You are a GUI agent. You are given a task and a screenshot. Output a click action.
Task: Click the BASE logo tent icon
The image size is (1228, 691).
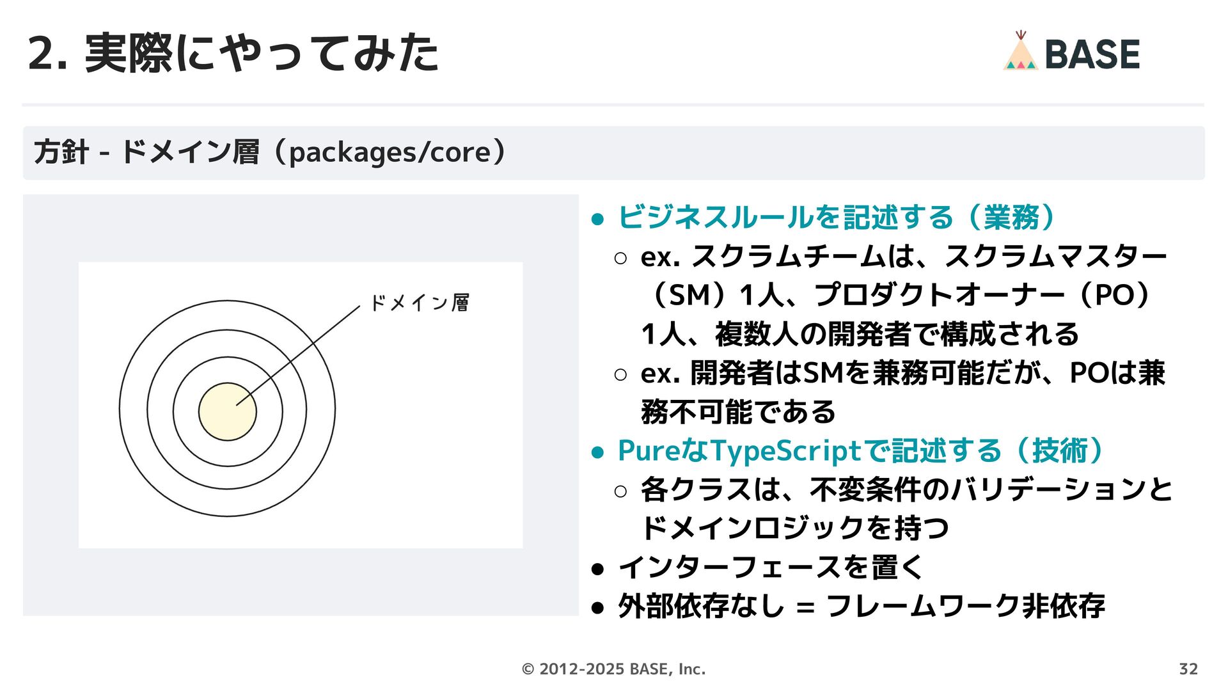click(1020, 52)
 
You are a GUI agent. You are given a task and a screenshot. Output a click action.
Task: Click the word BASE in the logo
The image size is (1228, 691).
click(1092, 54)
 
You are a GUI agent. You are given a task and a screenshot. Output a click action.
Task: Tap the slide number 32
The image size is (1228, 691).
click(1188, 669)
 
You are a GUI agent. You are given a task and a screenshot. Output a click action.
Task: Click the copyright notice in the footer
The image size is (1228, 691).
click(613, 669)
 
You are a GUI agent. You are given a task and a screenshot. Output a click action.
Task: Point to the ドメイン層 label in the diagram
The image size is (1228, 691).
click(420, 303)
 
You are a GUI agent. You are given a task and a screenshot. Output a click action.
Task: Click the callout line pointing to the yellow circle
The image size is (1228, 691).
click(298, 356)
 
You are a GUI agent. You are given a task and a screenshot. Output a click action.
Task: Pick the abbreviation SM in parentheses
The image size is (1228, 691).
click(689, 296)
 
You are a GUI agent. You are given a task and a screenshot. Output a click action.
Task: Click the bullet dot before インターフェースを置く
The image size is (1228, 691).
click(598, 568)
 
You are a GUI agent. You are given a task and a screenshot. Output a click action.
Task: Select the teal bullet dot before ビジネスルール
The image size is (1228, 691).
click(598, 219)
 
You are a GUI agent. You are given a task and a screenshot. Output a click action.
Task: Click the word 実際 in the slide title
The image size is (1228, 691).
click(128, 54)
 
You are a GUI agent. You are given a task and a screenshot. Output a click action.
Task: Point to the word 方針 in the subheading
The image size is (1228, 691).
click(61, 153)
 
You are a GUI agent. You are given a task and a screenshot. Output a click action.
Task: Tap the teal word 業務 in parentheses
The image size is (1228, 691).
click(1011, 218)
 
